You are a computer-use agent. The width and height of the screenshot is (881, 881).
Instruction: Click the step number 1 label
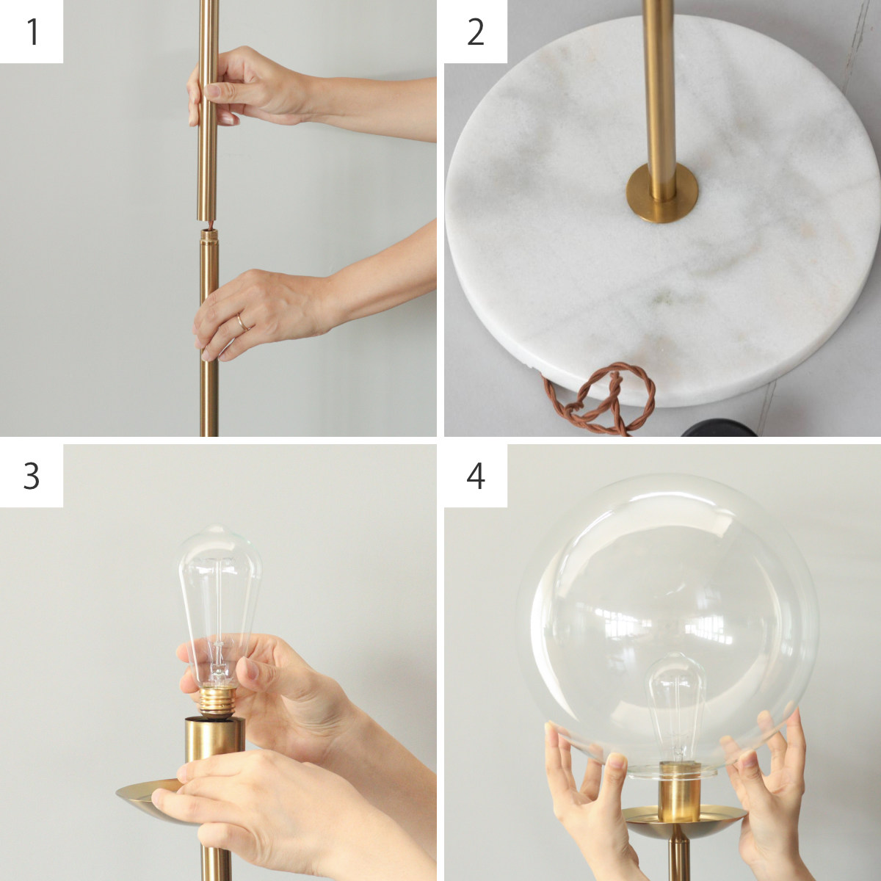click(x=32, y=32)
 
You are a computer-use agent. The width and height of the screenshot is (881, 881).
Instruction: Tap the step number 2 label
click(x=476, y=32)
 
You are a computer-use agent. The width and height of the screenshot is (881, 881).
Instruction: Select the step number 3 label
click(x=31, y=476)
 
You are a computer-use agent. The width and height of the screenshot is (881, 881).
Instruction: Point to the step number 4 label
click(x=476, y=476)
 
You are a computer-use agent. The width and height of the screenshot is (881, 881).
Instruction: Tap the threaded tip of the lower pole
click(x=209, y=235)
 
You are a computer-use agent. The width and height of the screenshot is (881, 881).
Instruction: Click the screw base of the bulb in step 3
click(x=217, y=701)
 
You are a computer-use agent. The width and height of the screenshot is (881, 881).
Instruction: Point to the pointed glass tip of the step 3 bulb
click(x=223, y=532)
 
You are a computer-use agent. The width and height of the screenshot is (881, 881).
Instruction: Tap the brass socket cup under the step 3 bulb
click(x=214, y=740)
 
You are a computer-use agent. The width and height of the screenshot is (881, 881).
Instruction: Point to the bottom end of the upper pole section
click(x=207, y=219)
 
